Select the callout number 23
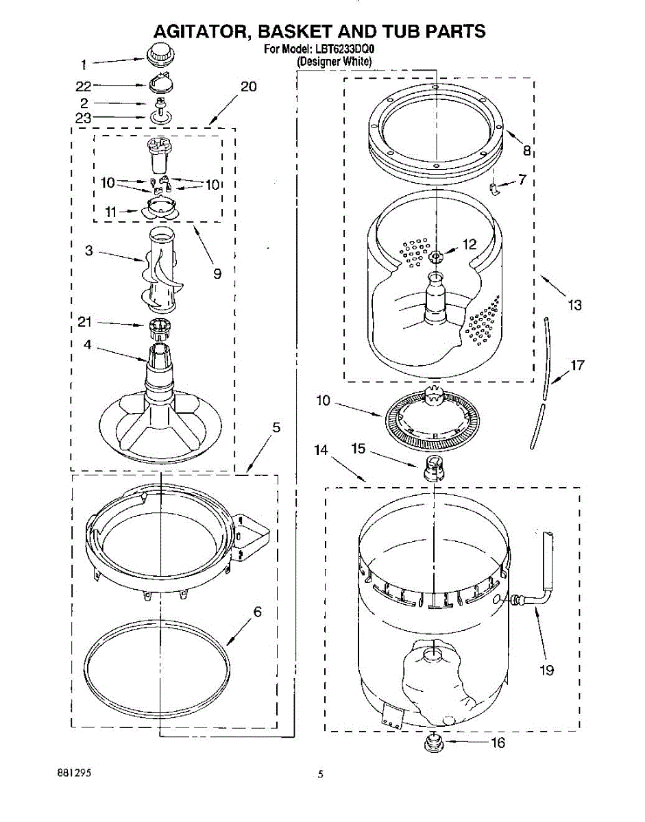83,117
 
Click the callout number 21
85,322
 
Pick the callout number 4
87,345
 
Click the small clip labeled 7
495,187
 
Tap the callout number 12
469,244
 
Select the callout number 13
574,305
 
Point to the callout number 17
577,364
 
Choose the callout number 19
546,670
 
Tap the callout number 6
257,612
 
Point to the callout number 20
248,86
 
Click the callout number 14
320,450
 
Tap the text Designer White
334,62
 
